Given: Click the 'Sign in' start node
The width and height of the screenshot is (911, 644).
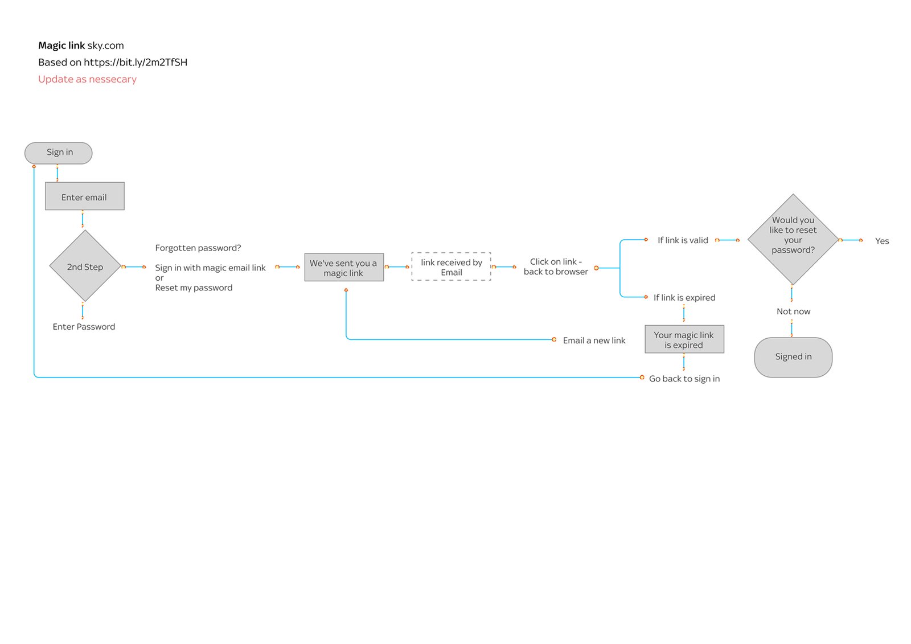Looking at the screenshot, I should pyautogui.click(x=59, y=153).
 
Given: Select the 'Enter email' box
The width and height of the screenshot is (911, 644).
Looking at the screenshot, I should pyautogui.click(x=84, y=196).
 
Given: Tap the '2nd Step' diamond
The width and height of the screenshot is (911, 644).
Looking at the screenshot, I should pyautogui.click(x=85, y=266).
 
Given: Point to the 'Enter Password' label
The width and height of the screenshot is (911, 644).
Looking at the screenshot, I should pyautogui.click(x=84, y=327).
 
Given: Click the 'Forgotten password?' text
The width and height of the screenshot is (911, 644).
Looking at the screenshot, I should pyautogui.click(x=198, y=248).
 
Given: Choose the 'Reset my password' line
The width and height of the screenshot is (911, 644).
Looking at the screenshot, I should pyautogui.click(x=194, y=288).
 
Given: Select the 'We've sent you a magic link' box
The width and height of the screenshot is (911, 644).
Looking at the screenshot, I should pyautogui.click(x=343, y=268).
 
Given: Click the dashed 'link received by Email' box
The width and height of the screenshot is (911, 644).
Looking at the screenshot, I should pyautogui.click(x=451, y=267).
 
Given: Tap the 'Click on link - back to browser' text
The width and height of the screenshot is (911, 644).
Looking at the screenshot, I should pyautogui.click(x=556, y=267).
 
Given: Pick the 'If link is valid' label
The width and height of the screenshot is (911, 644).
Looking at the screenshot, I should pyautogui.click(x=683, y=240).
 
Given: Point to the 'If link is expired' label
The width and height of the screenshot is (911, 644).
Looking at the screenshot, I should pyautogui.click(x=684, y=298).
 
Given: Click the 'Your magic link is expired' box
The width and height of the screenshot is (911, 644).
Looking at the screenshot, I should pyautogui.click(x=684, y=340).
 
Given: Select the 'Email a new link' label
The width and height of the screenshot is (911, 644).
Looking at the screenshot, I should pyautogui.click(x=594, y=341).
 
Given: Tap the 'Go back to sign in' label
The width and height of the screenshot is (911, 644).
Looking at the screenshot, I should pyautogui.click(x=684, y=379).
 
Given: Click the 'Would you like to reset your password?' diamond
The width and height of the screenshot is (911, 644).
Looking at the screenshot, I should pyautogui.click(x=793, y=239).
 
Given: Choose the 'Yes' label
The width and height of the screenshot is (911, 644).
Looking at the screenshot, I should pyautogui.click(x=881, y=241).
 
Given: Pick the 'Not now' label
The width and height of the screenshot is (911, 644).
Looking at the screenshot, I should pyautogui.click(x=793, y=311).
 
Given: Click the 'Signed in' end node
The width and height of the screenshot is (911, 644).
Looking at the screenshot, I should pyautogui.click(x=793, y=357).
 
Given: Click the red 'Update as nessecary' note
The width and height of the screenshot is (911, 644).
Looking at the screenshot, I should pyautogui.click(x=87, y=79).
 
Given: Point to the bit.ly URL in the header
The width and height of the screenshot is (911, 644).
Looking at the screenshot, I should pyautogui.click(x=136, y=63).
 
